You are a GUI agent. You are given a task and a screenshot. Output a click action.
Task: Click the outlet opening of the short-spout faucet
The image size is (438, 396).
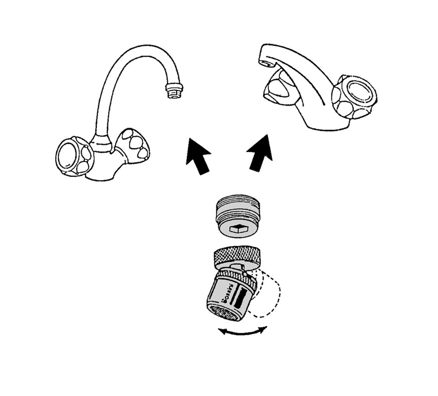tap(264, 64)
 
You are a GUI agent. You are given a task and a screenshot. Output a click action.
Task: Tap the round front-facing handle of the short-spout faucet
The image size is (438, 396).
tap(355, 96)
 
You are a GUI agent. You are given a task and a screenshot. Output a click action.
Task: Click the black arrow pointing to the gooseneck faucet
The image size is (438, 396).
tap(197, 155)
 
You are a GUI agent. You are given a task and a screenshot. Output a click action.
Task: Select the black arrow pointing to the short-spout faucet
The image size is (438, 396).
tap(261, 153)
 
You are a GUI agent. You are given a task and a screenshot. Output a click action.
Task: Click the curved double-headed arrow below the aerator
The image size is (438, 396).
tap(243, 332)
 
